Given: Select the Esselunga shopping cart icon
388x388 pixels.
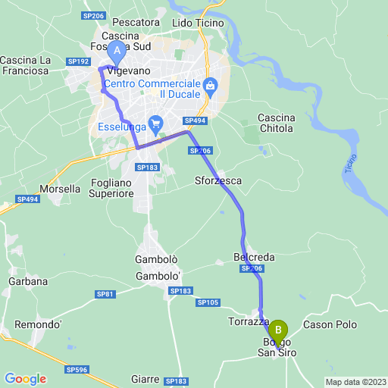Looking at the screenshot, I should pyautogui.click(x=155, y=123).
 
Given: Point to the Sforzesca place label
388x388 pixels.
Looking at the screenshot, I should pyautogui.click(x=217, y=181).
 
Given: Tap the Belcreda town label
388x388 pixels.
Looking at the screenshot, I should pyautogui.click(x=249, y=258).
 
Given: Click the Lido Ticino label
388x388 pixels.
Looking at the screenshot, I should pyautogui.click(x=199, y=23).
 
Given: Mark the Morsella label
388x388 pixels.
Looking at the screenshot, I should pyautogui.click(x=60, y=189).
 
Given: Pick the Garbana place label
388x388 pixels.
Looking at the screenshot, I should pyautogui.click(x=28, y=281).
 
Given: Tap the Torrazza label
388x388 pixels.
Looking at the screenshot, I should pyautogui.click(x=249, y=321).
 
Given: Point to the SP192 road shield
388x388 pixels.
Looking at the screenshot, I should pyautogui.click(x=77, y=61).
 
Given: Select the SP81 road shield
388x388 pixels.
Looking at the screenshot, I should pyautogui.click(x=105, y=294).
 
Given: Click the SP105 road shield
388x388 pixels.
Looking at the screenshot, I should pyautogui.click(x=208, y=302).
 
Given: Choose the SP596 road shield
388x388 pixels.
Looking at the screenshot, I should pyautogui.click(x=77, y=370).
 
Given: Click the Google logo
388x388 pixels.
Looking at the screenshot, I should pyautogui.click(x=25, y=379).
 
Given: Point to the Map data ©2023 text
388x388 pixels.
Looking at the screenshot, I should pyautogui.click(x=355, y=381).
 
